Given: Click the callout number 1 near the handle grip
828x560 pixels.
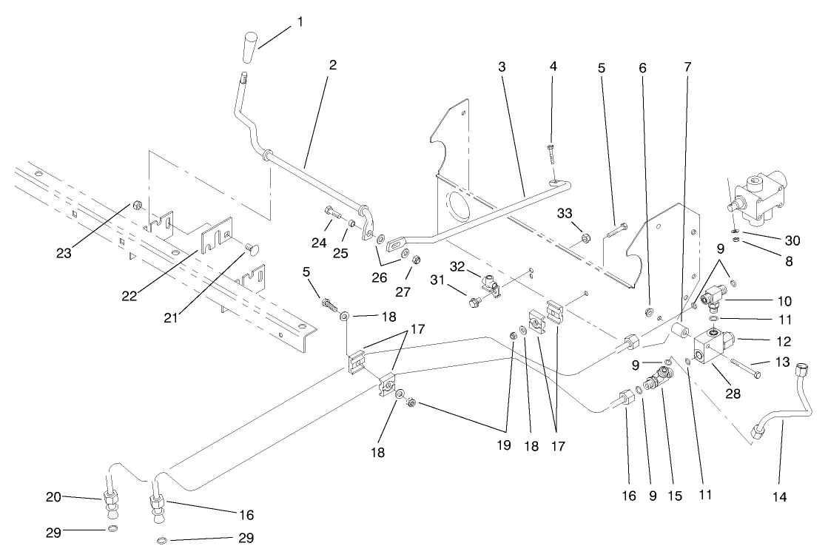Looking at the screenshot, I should (x=300, y=21).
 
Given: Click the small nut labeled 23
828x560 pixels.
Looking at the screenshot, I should (x=138, y=203).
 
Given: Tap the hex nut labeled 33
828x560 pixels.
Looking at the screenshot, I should (x=585, y=238).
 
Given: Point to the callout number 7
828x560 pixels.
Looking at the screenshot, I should (x=687, y=66).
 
